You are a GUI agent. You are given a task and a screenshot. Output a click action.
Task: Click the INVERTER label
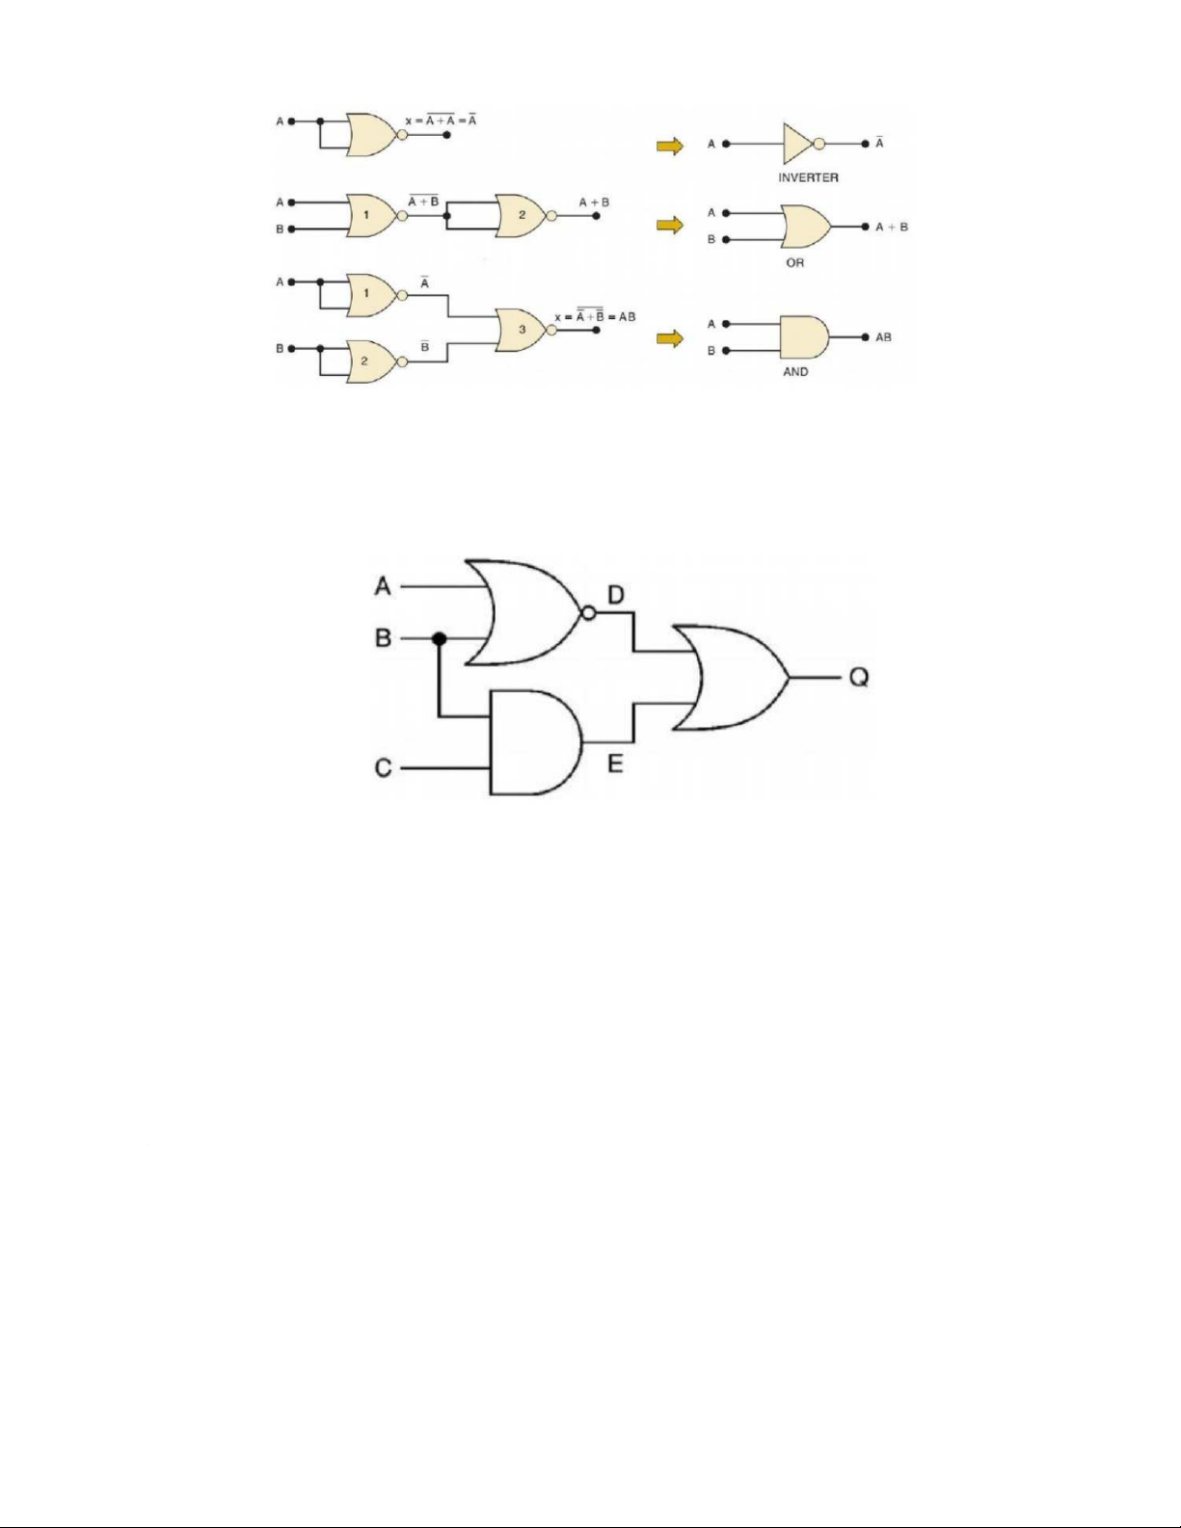tap(808, 177)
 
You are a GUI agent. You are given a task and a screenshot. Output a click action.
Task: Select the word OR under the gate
tap(794, 262)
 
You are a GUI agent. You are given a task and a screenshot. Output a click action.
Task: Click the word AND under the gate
tap(795, 371)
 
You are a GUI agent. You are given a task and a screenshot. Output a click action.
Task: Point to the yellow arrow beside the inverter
tap(670, 146)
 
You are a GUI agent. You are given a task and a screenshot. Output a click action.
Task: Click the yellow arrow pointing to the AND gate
tap(670, 338)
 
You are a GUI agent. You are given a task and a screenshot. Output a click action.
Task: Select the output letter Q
tap(858, 678)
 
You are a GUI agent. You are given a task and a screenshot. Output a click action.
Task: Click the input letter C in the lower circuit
tap(384, 768)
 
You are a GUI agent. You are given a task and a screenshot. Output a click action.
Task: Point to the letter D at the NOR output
tap(616, 595)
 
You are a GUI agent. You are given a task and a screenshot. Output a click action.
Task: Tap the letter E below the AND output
tap(615, 764)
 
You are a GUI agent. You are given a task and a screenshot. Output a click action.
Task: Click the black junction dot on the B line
tap(440, 639)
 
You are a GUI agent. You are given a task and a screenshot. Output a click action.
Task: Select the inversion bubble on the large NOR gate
tap(586, 613)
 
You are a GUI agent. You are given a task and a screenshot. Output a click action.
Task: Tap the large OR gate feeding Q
tap(729, 677)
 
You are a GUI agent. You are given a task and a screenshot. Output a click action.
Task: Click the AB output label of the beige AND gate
tap(883, 337)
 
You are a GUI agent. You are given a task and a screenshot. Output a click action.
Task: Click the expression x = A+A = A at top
tap(442, 121)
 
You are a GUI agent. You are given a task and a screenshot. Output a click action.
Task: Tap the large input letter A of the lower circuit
tap(384, 586)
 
